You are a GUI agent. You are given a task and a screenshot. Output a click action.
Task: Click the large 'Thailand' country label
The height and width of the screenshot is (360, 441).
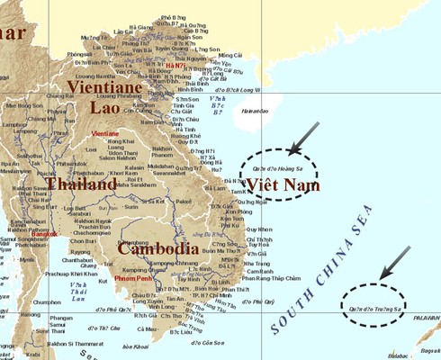(x=82, y=184)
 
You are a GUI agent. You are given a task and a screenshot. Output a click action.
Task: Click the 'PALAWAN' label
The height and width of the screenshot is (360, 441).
(x=427, y=317)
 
